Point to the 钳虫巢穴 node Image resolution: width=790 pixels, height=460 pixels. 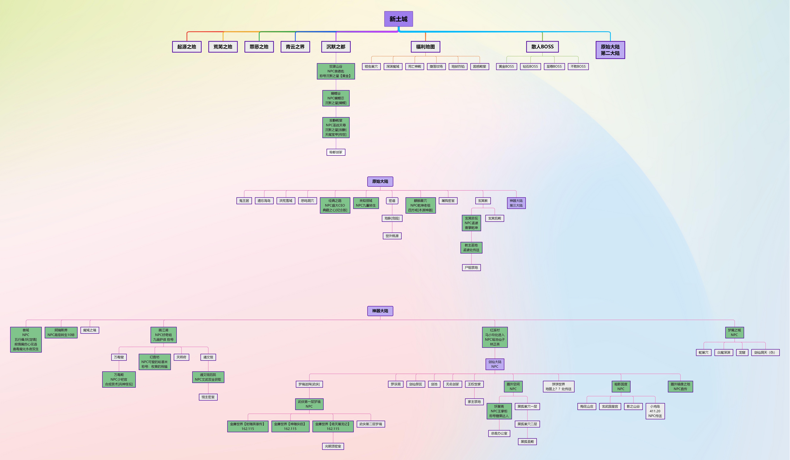pos(371,66)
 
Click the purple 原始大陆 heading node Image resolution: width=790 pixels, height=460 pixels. pos(380,181)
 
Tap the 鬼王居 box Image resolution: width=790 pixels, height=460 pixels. pos(244,201)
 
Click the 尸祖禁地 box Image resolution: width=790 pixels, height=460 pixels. pos(471,268)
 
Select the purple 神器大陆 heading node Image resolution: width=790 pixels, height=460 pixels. pos(380,311)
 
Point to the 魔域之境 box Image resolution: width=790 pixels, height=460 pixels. pos(90,330)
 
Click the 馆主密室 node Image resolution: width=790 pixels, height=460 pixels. pos(208,397)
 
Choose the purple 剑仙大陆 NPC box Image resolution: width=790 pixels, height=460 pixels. pos(495,364)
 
